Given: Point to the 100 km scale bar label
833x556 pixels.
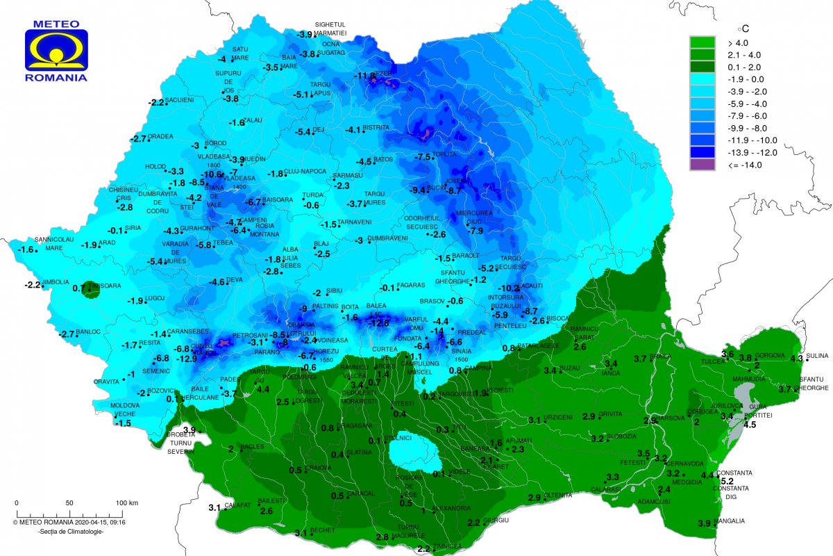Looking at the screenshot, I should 127,502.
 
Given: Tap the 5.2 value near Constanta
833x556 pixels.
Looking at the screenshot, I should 727,481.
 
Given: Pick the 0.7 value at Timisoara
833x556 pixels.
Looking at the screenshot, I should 78,287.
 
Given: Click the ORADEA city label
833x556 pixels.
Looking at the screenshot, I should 160,136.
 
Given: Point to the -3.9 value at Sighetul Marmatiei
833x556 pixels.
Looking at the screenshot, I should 304,35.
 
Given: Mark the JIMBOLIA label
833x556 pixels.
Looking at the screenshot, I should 56,282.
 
